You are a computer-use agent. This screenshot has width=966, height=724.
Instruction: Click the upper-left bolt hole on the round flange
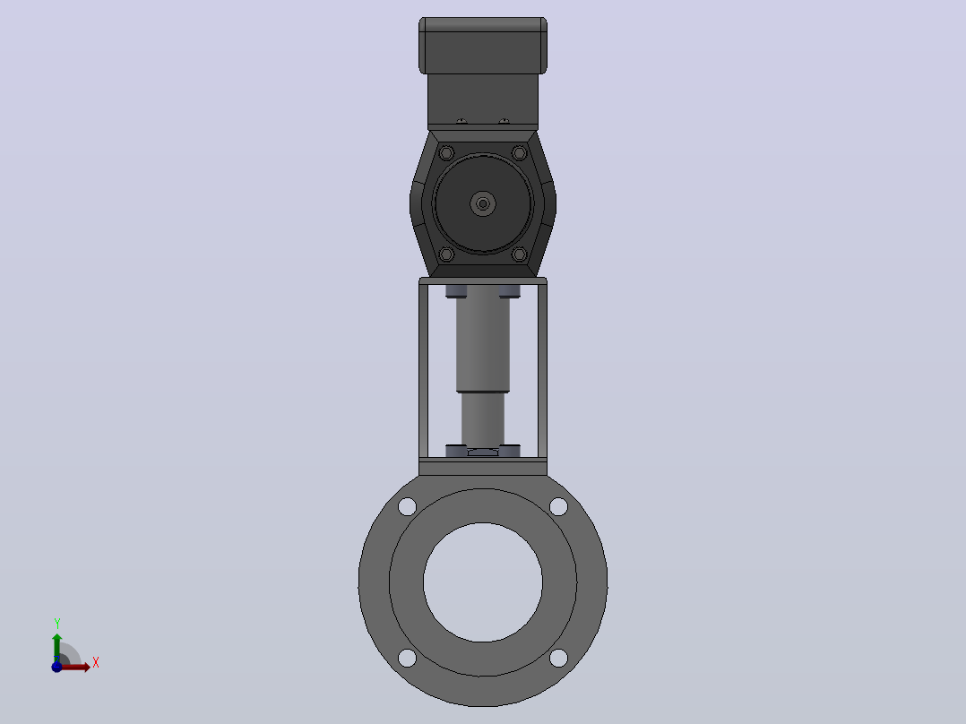pos(407,507)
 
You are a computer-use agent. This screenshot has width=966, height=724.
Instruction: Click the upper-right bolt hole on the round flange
pos(559,507)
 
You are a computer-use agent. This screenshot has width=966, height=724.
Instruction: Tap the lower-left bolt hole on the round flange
pos(407,658)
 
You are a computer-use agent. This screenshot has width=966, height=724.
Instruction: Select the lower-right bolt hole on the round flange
pos(559,658)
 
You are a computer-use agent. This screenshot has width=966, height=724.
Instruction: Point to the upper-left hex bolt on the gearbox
pos(446,153)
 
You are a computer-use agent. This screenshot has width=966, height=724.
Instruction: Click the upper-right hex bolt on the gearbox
pos(520,153)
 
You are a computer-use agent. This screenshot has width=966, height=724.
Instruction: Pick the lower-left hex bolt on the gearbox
pos(446,254)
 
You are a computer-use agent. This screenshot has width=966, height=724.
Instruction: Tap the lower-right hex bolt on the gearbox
pos(520,254)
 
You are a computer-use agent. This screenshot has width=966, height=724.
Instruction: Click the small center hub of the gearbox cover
pos(483,203)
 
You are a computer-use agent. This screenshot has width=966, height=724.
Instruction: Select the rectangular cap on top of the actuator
pos(483,46)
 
